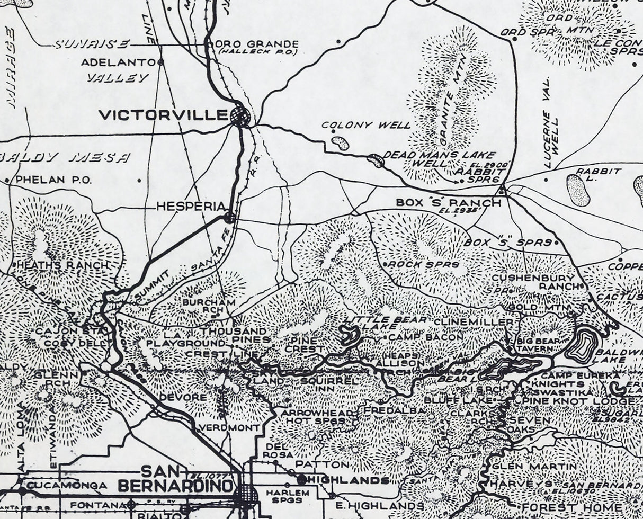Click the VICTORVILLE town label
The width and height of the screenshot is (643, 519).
click(164, 114)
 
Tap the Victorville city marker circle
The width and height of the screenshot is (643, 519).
click(240, 115)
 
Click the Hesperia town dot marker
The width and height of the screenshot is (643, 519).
click(230, 217)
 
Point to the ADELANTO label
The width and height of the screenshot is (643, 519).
click(119, 62)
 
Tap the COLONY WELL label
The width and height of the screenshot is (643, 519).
click(366, 126)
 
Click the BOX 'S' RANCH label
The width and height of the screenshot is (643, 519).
click(448, 203)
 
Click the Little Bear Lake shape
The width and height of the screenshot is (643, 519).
click(349, 334)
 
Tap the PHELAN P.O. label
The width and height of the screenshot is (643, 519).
click(53, 180)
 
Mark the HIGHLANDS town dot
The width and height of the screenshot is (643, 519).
click(301, 480)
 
